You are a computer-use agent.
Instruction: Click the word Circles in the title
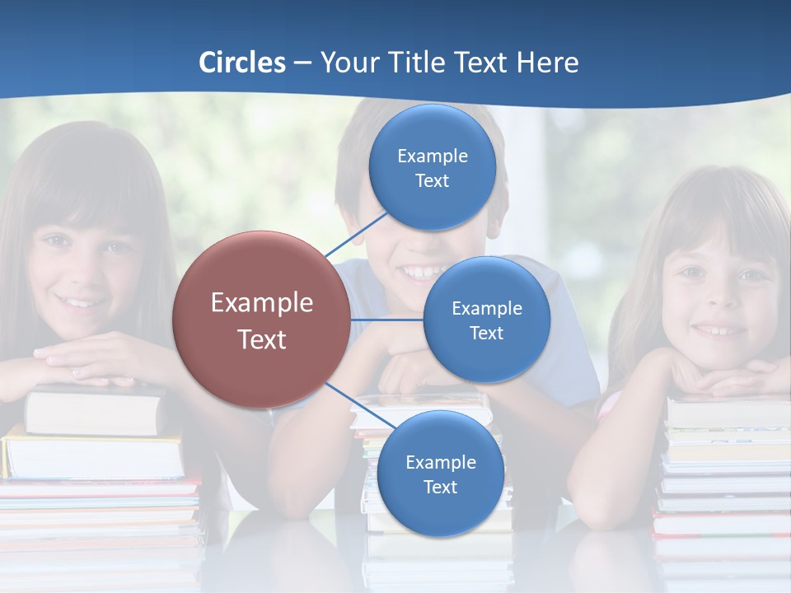tap(242, 63)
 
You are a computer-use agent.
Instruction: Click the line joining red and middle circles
tap(387, 320)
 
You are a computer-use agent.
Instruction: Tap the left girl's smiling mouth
tap(81, 302)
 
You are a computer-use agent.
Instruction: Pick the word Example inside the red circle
tap(262, 303)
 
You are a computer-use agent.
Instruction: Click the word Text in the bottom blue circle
tap(440, 487)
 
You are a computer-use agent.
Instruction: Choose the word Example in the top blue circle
tap(432, 156)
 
